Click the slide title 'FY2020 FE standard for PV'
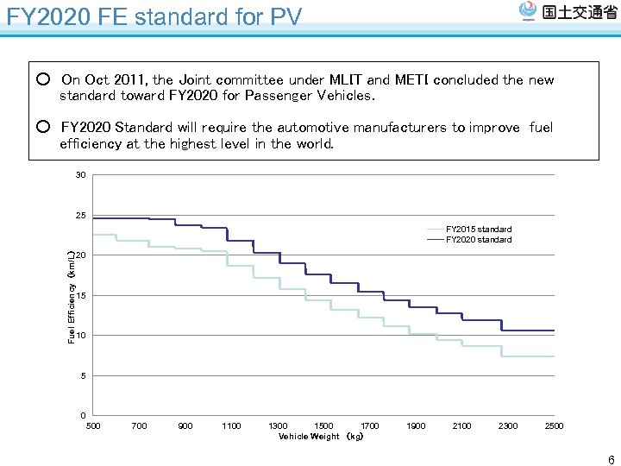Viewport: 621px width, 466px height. click(x=154, y=16)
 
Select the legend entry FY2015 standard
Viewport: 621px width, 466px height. click(x=479, y=230)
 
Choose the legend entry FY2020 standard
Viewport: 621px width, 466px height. click(x=479, y=240)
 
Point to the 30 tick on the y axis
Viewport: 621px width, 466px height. click(x=80, y=175)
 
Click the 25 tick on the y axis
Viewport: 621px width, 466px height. click(x=80, y=215)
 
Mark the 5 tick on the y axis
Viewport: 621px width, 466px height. click(x=83, y=375)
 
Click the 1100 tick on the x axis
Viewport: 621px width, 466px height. click(x=231, y=425)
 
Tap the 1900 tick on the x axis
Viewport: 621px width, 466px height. click(x=416, y=425)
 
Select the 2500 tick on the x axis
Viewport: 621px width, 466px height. click(x=554, y=425)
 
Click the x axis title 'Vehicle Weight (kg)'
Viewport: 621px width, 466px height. click(x=321, y=437)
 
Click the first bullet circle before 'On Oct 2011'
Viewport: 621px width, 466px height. click(x=43, y=80)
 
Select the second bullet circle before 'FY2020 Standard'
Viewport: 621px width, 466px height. click(x=43, y=128)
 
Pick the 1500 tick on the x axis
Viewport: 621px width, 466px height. click(x=323, y=425)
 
